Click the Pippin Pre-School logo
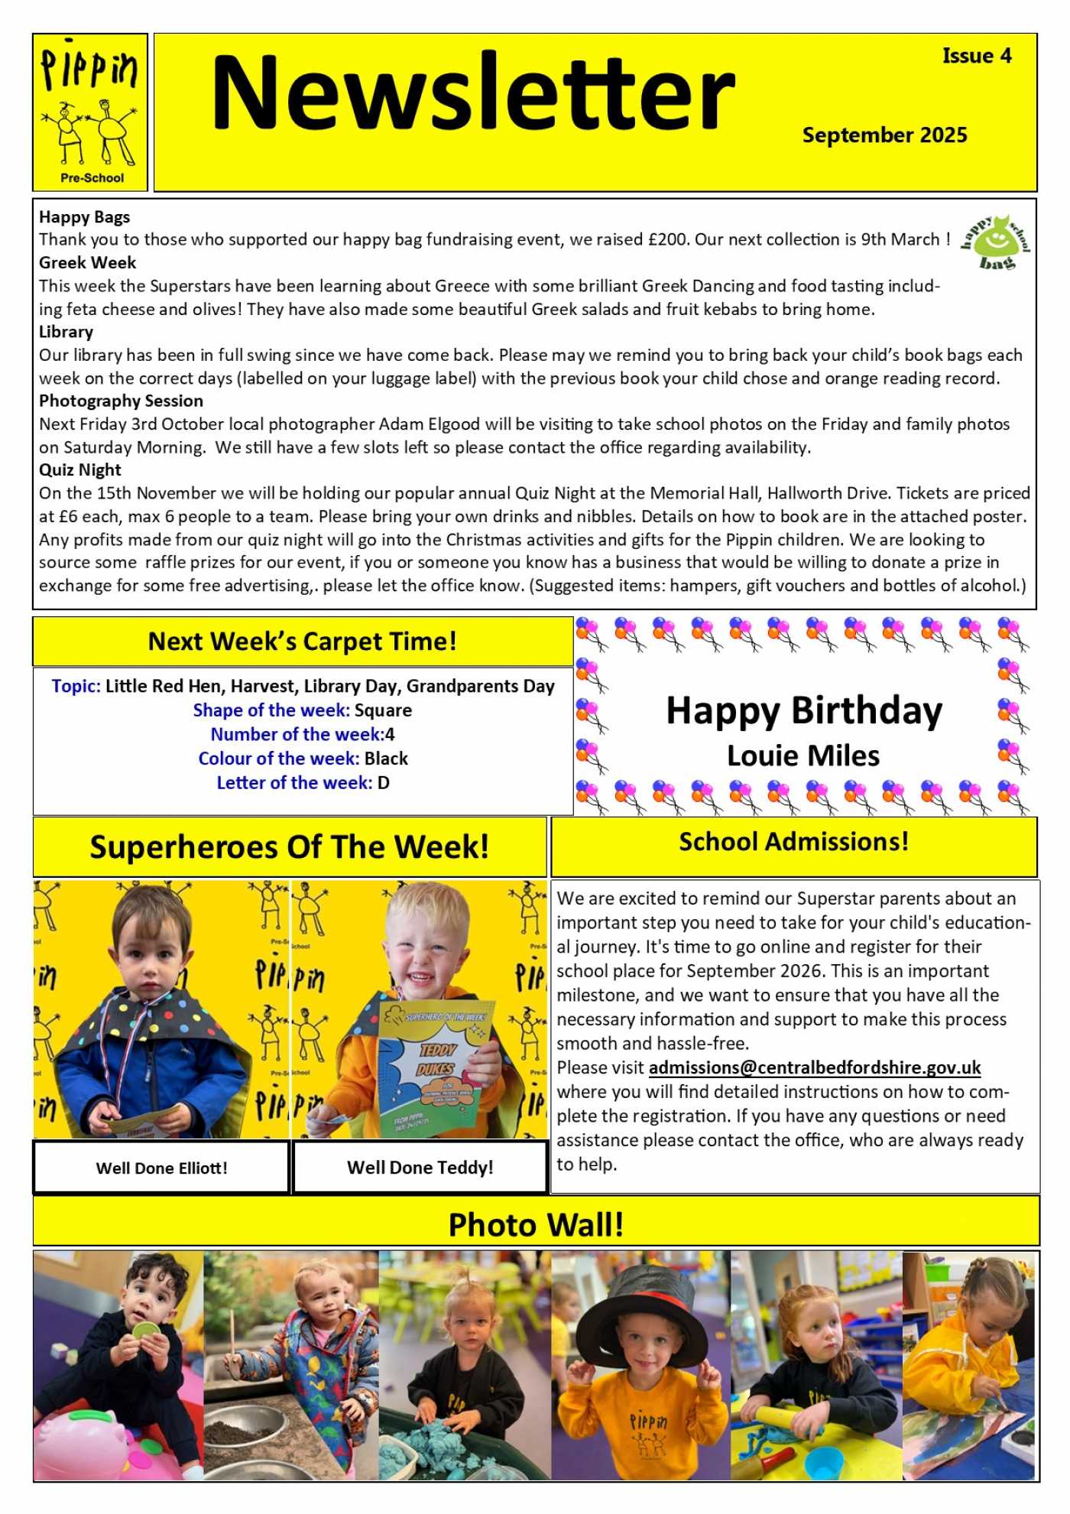90,112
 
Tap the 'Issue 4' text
976,56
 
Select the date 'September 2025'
884,135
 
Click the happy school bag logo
995,242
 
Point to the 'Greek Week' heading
87,263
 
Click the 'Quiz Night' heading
80,470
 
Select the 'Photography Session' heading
121,401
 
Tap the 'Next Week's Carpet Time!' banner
303,642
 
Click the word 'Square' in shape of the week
383,710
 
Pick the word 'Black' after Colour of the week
386,759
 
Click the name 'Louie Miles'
803,756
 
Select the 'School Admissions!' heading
794,842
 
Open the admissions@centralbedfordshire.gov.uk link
815,1067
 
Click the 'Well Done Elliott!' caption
161,1168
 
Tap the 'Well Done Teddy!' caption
420,1168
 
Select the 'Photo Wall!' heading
536,1225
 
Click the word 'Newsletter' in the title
472,93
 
